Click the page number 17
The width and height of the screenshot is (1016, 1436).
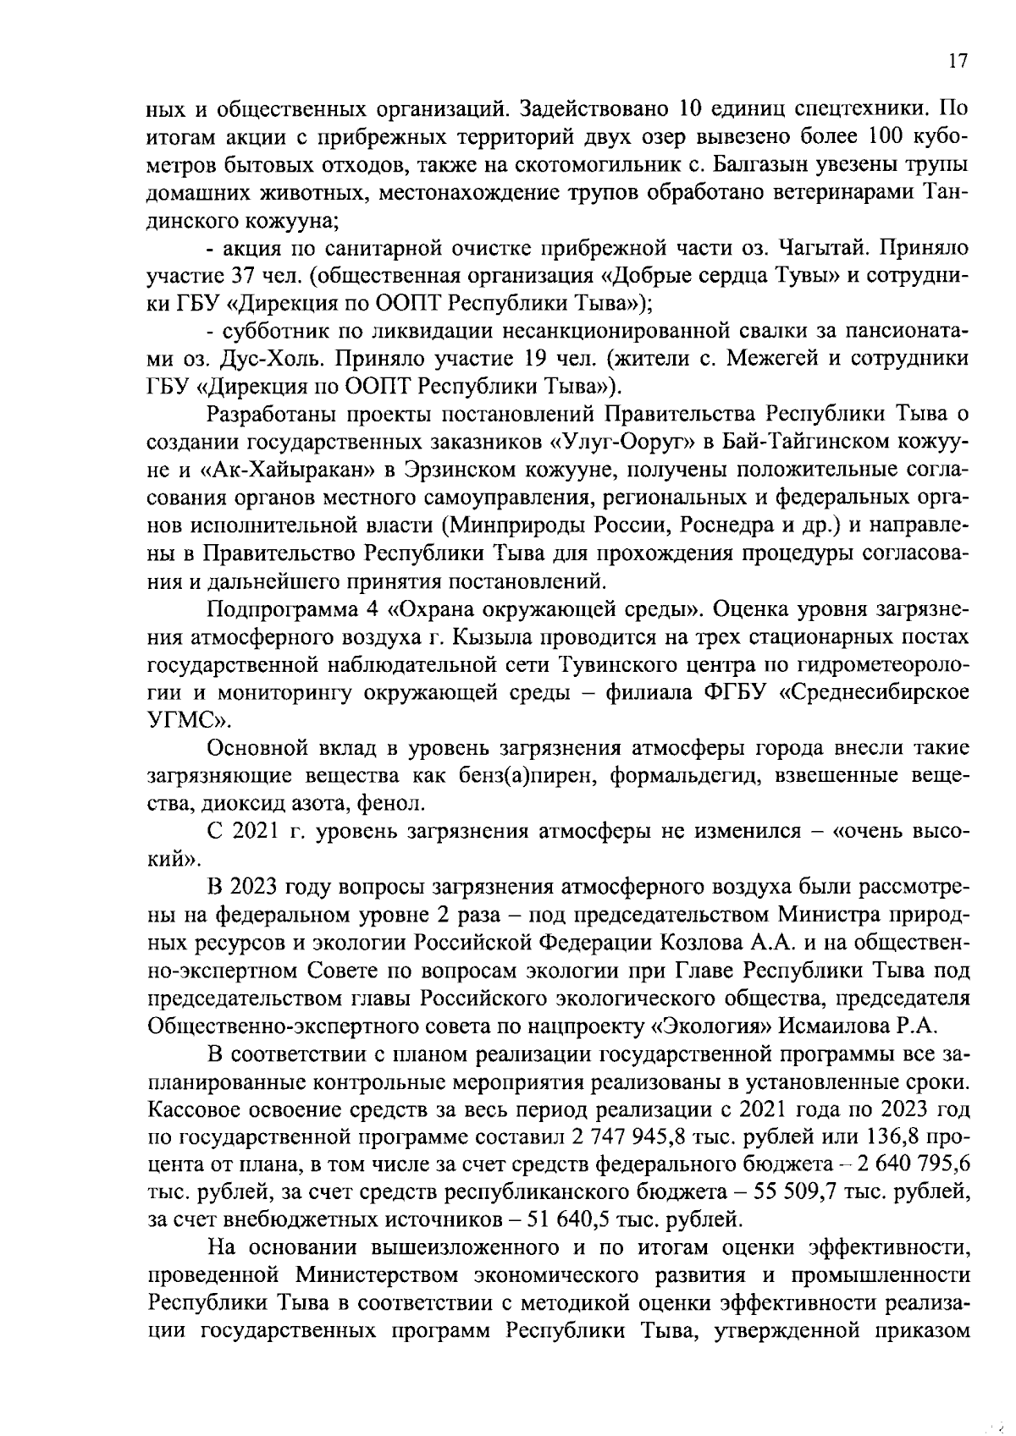pos(957,60)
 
